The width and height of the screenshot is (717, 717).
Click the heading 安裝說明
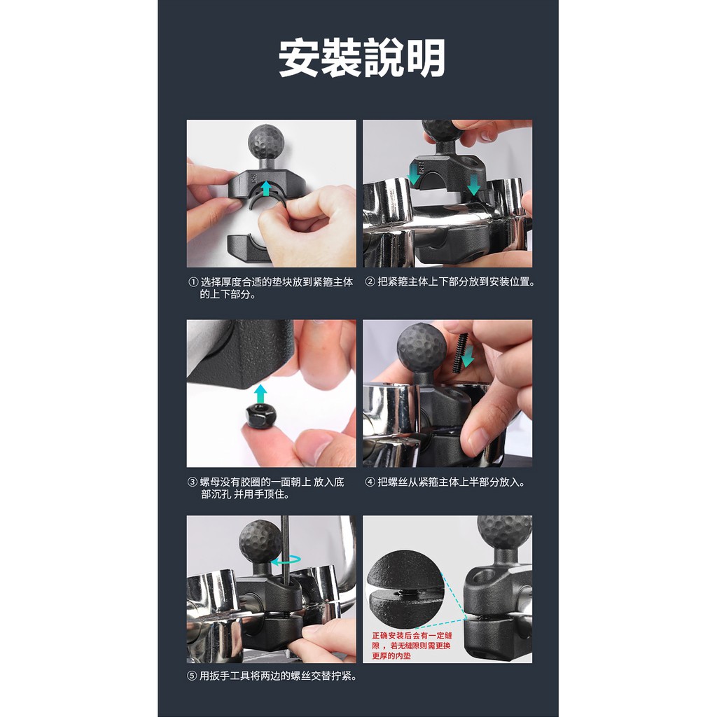pyautogui.click(x=362, y=57)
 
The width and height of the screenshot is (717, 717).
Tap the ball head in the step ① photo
pyautogui.click(x=265, y=142)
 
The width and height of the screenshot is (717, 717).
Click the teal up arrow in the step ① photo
pyautogui.click(x=265, y=188)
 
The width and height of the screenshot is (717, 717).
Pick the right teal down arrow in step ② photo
pyautogui.click(x=474, y=185)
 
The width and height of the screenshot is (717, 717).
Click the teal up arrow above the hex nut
pyautogui.click(x=260, y=394)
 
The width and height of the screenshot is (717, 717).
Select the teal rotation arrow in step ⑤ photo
pyautogui.click(x=286, y=559)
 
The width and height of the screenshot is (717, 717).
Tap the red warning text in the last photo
pyautogui.click(x=412, y=646)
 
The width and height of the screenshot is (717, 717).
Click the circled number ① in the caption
pyautogui.click(x=193, y=282)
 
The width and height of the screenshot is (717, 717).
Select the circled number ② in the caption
pyautogui.click(x=370, y=281)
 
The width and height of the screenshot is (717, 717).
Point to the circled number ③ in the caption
pyautogui.click(x=193, y=482)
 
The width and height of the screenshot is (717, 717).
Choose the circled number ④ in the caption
pyautogui.click(x=370, y=482)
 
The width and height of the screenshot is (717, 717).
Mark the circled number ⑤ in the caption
pyautogui.click(x=193, y=676)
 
